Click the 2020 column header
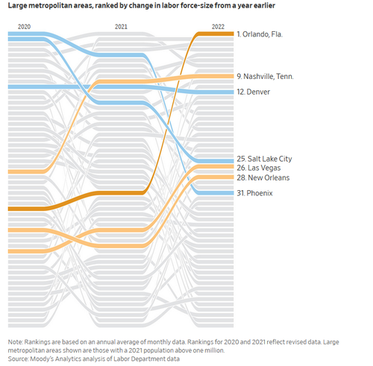click(x=24, y=27)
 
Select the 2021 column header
click(x=121, y=27)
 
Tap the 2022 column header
click(x=218, y=27)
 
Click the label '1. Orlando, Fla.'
click(x=260, y=34)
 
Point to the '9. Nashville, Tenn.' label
click(x=265, y=76)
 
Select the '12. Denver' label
click(x=254, y=92)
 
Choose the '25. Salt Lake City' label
click(x=264, y=159)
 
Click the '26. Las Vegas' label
click(x=259, y=168)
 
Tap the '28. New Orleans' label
click(x=263, y=177)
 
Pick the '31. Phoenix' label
click(x=254, y=193)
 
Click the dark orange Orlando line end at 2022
click(x=233, y=34)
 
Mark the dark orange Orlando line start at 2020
click(x=8, y=209)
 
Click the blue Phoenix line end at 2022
click(x=233, y=193)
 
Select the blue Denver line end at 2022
click(x=233, y=92)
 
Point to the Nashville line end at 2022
click(x=233, y=76)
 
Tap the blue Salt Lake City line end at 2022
click(x=233, y=161)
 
